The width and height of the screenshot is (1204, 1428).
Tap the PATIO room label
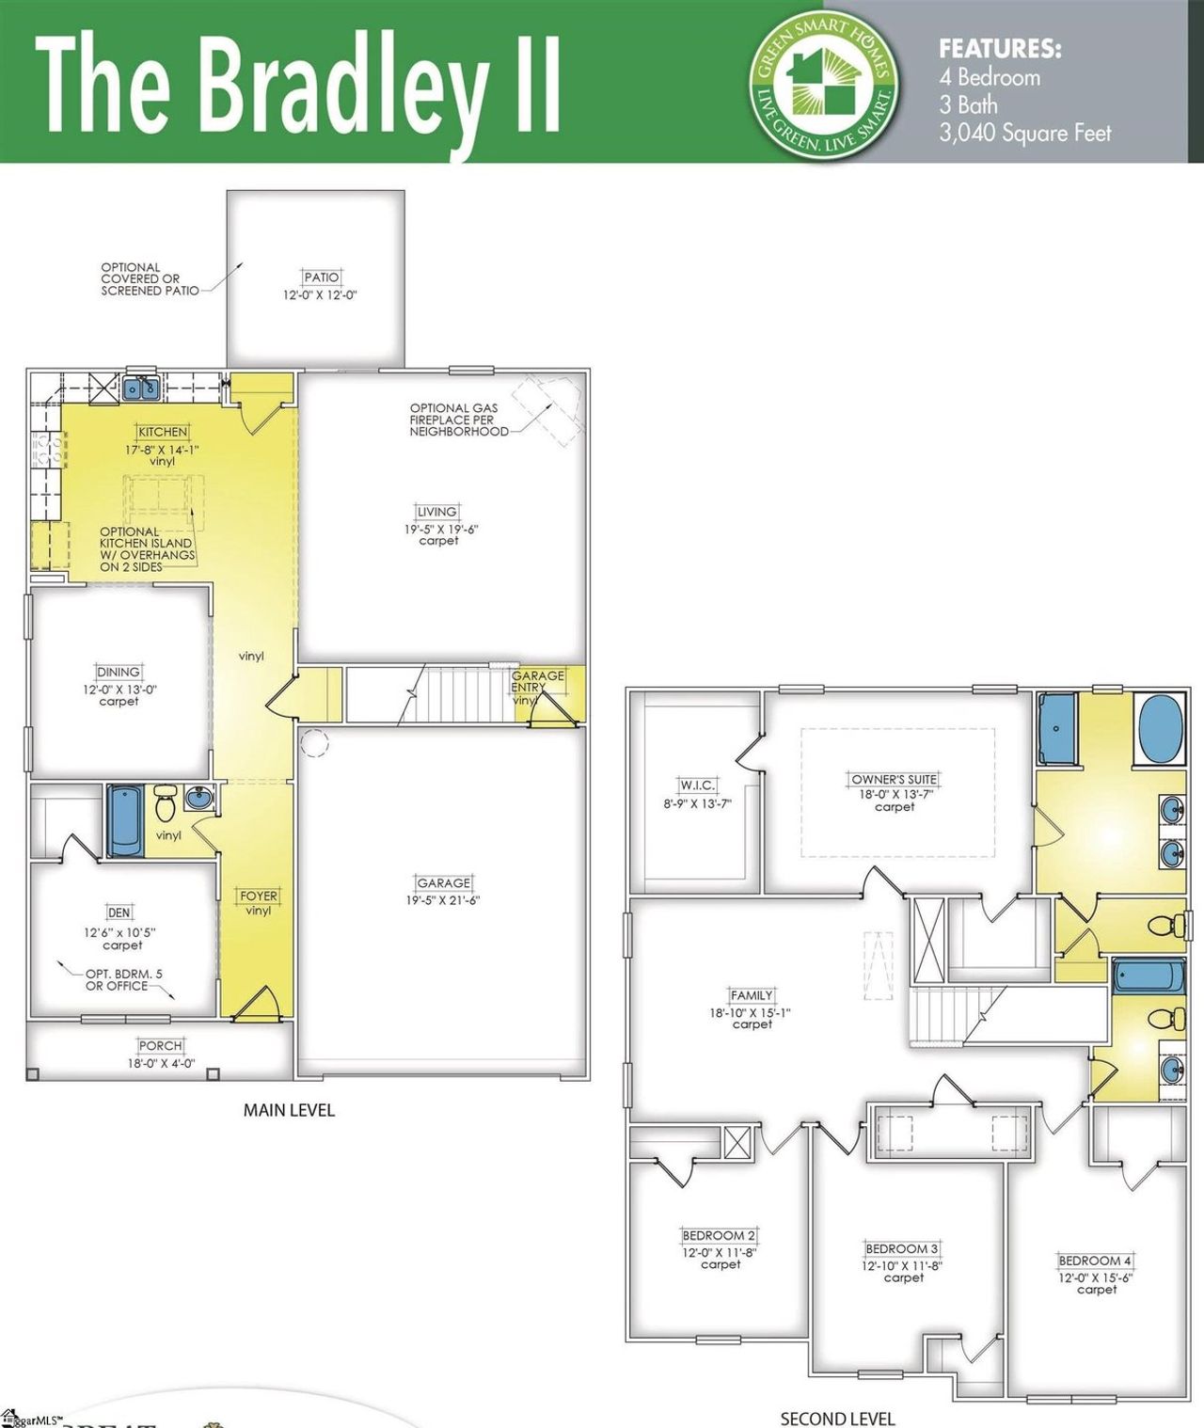tap(321, 278)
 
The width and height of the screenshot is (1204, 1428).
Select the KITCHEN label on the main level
tap(163, 432)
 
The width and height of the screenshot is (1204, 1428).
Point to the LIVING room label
tap(437, 512)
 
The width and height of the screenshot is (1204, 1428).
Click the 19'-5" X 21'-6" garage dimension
tap(443, 900)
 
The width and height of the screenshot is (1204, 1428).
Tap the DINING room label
tap(119, 672)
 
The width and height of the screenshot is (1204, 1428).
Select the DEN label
tap(119, 912)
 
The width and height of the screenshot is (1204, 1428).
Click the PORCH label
tap(160, 1045)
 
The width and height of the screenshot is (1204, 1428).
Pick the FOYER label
tap(258, 896)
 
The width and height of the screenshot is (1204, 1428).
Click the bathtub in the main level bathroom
tap(125, 820)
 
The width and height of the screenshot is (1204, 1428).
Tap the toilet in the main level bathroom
tap(166, 804)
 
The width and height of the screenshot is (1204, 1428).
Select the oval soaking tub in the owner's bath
tap(1162, 726)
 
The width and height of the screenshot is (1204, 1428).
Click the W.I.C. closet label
tap(697, 785)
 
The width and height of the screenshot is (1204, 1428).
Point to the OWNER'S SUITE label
tap(894, 779)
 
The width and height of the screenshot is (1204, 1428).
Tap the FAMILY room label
tap(752, 995)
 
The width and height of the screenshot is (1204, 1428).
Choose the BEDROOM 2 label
tap(720, 1235)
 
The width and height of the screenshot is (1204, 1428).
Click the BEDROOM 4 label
tap(1096, 1261)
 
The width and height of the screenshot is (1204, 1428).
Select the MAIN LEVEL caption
tap(289, 1110)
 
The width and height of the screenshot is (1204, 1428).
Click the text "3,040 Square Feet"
tap(1025, 134)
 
